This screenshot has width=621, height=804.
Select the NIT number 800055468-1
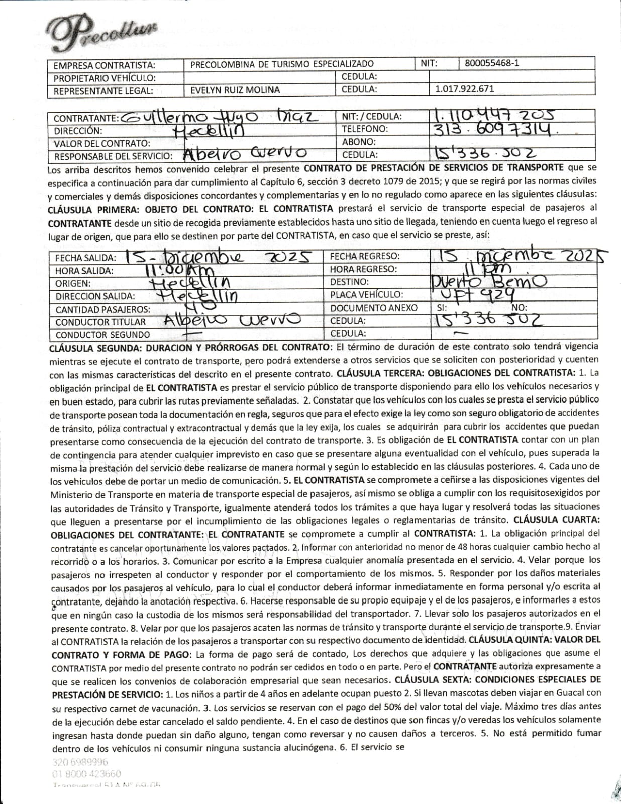coord(492,63)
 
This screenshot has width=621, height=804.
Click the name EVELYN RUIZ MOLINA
coord(235,90)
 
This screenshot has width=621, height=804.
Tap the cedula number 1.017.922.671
coord(464,89)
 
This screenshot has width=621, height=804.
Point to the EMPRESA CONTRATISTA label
coord(104,65)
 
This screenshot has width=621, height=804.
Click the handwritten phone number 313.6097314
coord(495,130)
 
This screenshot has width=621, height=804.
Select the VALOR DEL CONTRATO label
coord(102,143)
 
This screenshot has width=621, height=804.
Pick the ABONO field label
coord(358,142)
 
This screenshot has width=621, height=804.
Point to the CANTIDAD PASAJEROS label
coord(102,309)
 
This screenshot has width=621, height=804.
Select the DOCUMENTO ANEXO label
coord(373,308)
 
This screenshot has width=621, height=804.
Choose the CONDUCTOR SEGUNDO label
coord(102,334)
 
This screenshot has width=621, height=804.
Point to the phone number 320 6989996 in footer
coord(79,761)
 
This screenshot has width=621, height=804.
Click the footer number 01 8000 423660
coord(86,774)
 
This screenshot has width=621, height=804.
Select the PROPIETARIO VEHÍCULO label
coord(105,78)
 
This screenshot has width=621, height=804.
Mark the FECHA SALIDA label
coord(85,258)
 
